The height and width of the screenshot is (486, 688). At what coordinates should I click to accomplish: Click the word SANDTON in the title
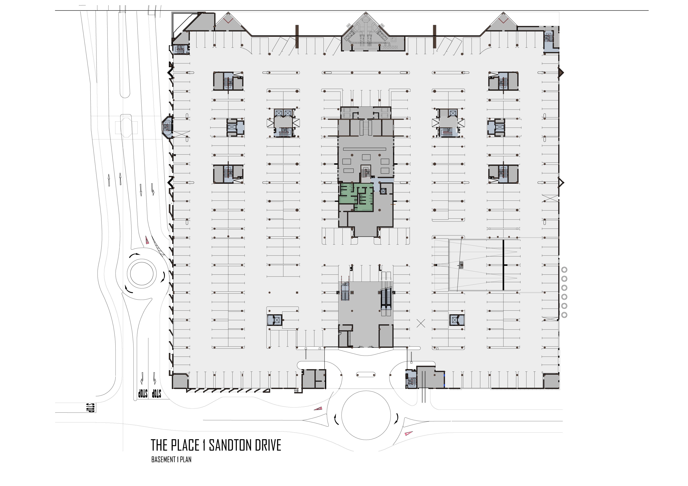coord(230,445)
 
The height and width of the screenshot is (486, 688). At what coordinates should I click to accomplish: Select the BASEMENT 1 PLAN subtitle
coord(171,459)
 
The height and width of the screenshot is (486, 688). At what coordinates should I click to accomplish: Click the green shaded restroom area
coord(356,197)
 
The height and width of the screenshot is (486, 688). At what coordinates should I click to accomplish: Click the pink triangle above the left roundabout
coord(147,240)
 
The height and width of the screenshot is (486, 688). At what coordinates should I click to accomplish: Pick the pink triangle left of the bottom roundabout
coord(318,408)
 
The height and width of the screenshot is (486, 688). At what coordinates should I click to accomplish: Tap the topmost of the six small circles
coord(564,270)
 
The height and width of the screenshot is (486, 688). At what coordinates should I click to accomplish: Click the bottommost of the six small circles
coord(564,315)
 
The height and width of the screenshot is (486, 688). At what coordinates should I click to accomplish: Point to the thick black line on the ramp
coord(503,265)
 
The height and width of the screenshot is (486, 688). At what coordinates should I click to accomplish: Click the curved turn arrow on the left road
coord(153,189)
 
